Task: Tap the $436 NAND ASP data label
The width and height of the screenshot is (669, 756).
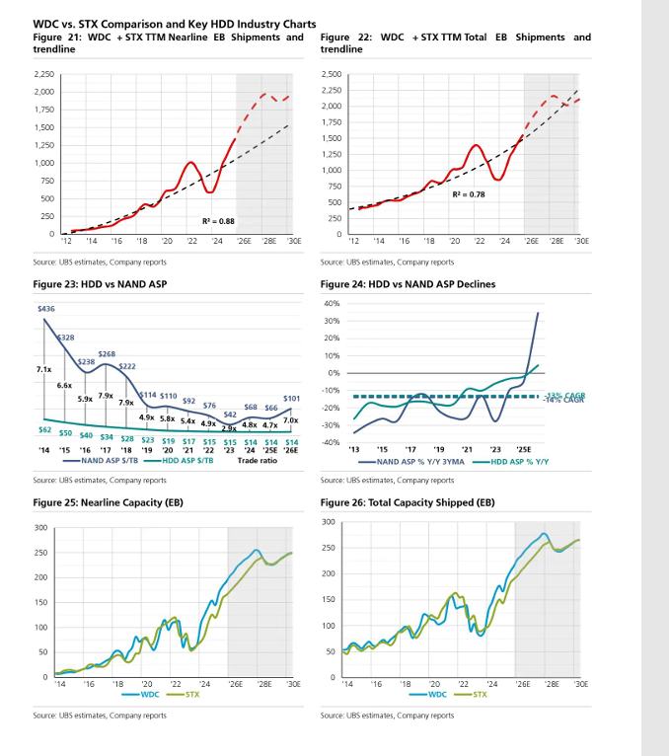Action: point(44,309)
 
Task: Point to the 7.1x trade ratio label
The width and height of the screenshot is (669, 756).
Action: point(30,369)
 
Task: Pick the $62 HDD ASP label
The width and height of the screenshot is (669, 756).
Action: point(44,429)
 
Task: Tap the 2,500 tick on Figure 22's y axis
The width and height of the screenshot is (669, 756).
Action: point(331,74)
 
